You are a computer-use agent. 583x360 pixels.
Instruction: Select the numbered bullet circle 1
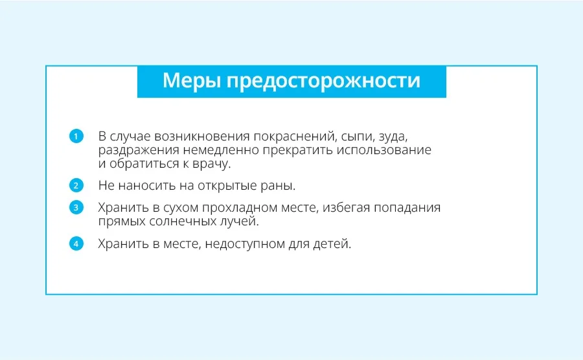coord(76,136)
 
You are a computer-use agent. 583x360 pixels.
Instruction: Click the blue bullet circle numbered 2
coord(76,185)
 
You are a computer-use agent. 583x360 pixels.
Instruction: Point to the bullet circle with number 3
coord(76,207)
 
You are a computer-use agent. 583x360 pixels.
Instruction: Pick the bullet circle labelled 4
coord(76,243)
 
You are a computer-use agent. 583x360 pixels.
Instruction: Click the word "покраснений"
coord(295,137)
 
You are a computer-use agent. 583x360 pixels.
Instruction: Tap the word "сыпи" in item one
coord(358,137)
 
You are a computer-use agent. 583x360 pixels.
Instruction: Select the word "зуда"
coord(393,137)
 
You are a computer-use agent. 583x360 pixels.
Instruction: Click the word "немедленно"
coord(221,150)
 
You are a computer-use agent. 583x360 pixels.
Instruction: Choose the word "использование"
coord(384,150)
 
